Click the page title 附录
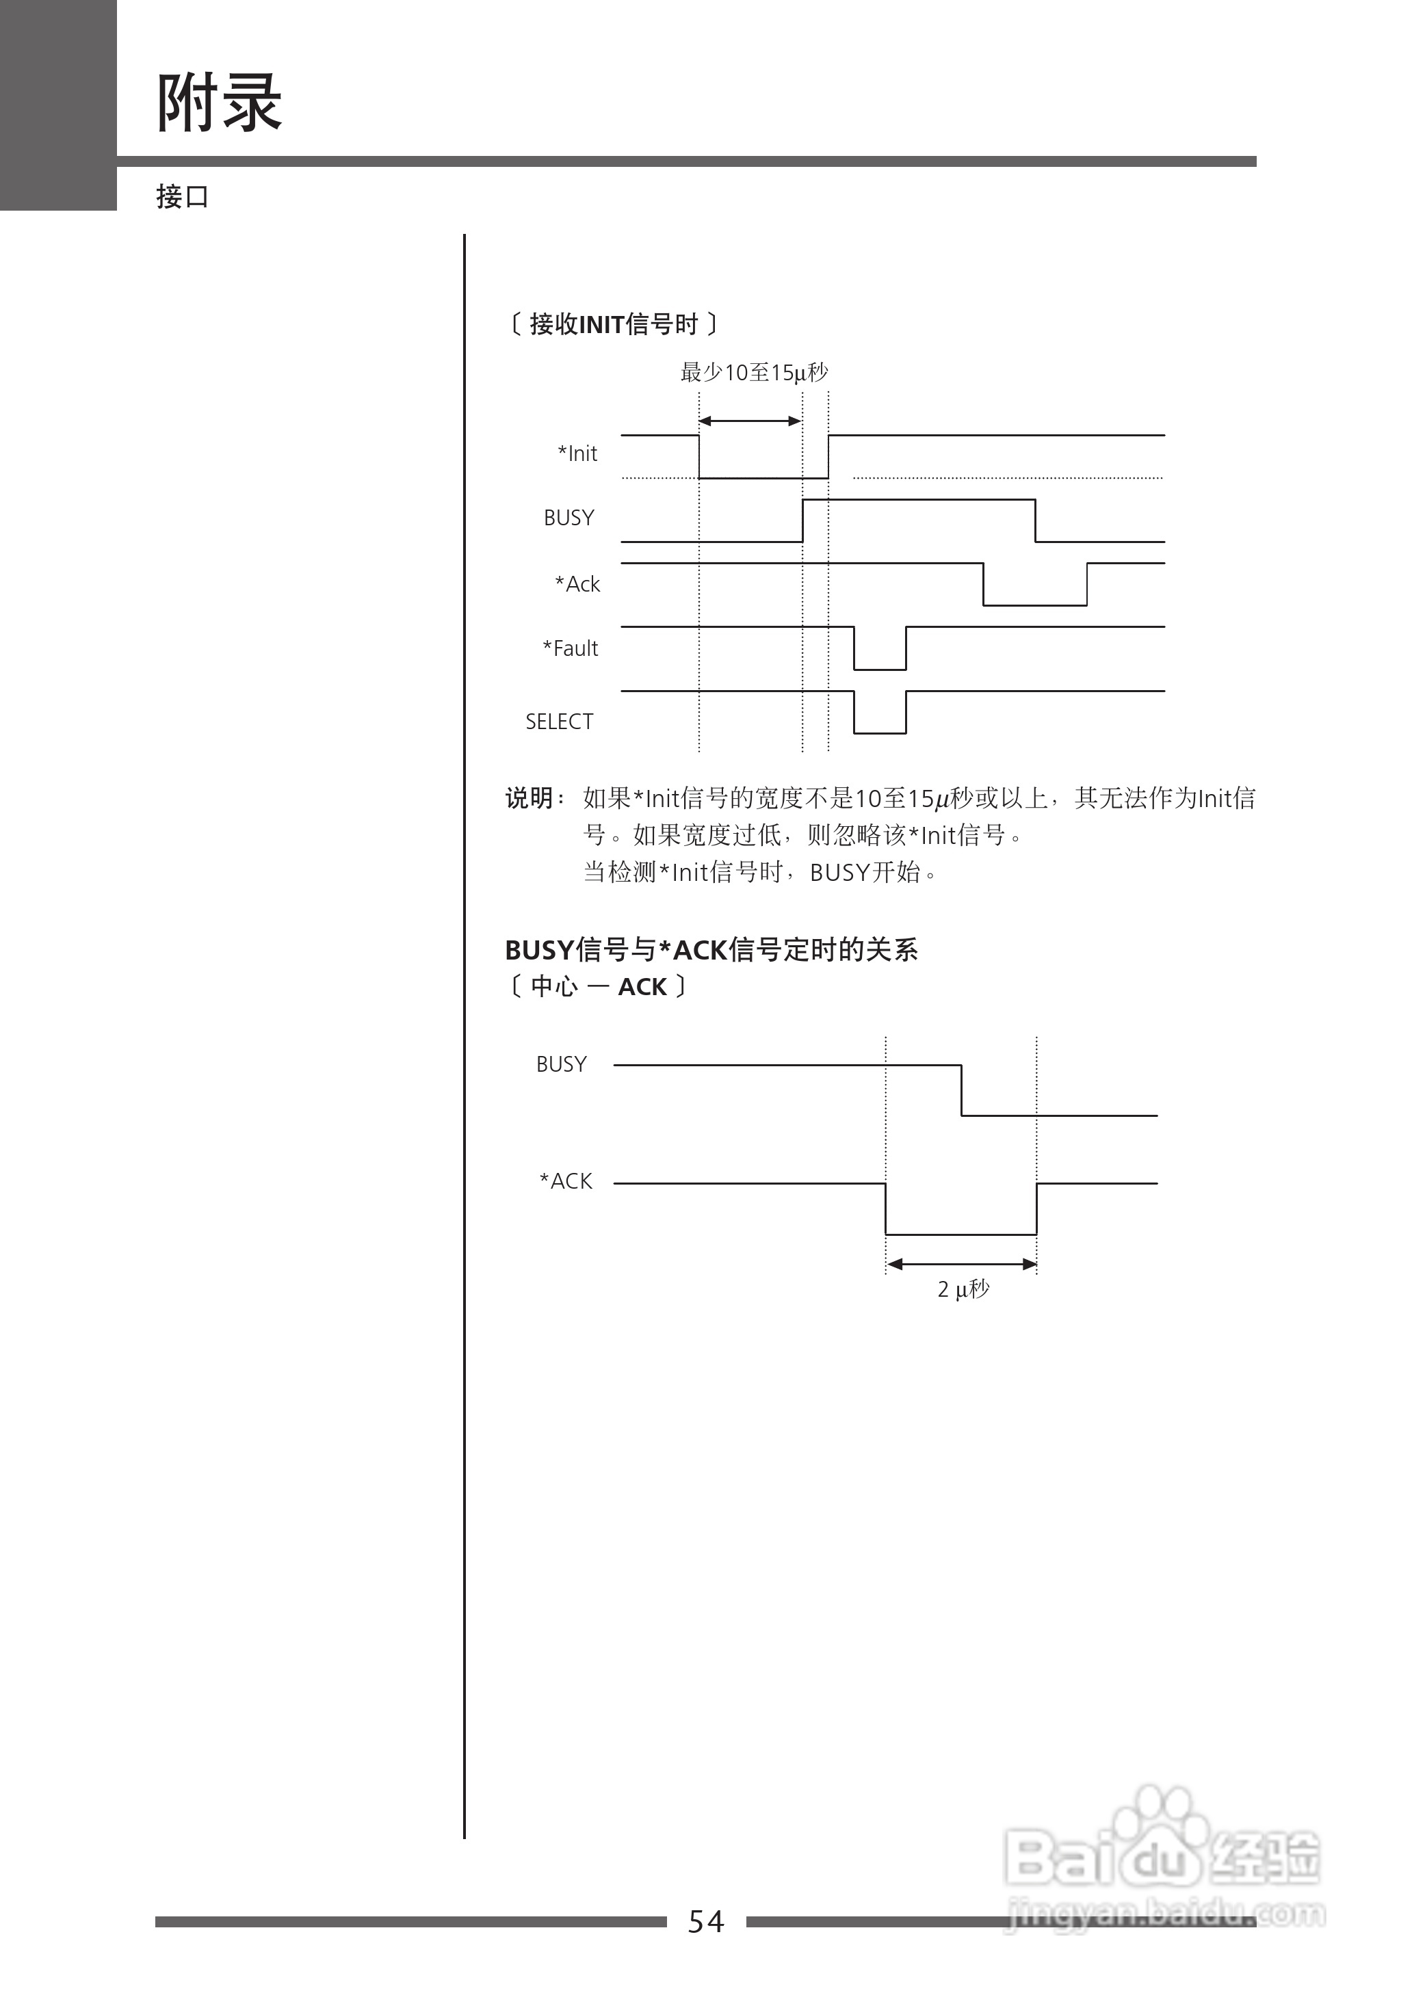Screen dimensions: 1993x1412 click(x=219, y=103)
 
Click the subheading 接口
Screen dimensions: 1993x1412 click(x=183, y=196)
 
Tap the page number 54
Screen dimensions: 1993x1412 click(x=705, y=1921)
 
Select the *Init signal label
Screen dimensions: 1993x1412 click(x=577, y=453)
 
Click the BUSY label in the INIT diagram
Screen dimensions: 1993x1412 click(x=568, y=518)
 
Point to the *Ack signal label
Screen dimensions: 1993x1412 click(x=577, y=584)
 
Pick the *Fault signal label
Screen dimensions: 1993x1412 click(x=571, y=648)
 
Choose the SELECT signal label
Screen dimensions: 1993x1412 click(x=559, y=722)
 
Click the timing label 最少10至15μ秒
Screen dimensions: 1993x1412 click(x=754, y=373)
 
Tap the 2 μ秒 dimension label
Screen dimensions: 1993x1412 click(x=963, y=1289)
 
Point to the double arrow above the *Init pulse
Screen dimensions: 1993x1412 click(x=750, y=421)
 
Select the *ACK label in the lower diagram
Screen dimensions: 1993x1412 click(x=566, y=1181)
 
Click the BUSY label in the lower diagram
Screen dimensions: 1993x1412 click(x=561, y=1065)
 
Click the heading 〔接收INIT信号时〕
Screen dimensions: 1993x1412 click(x=613, y=324)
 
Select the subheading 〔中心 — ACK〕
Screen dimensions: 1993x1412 click(x=597, y=986)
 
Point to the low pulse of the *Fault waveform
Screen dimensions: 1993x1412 click(x=879, y=668)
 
